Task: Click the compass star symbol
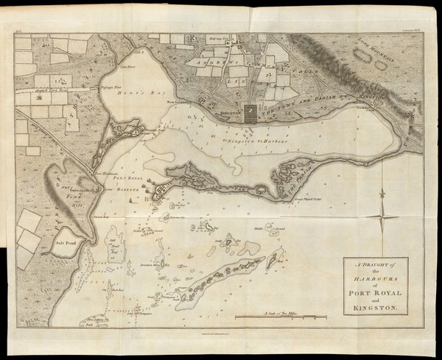pos(383,213)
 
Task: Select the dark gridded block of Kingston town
pos(251,111)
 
